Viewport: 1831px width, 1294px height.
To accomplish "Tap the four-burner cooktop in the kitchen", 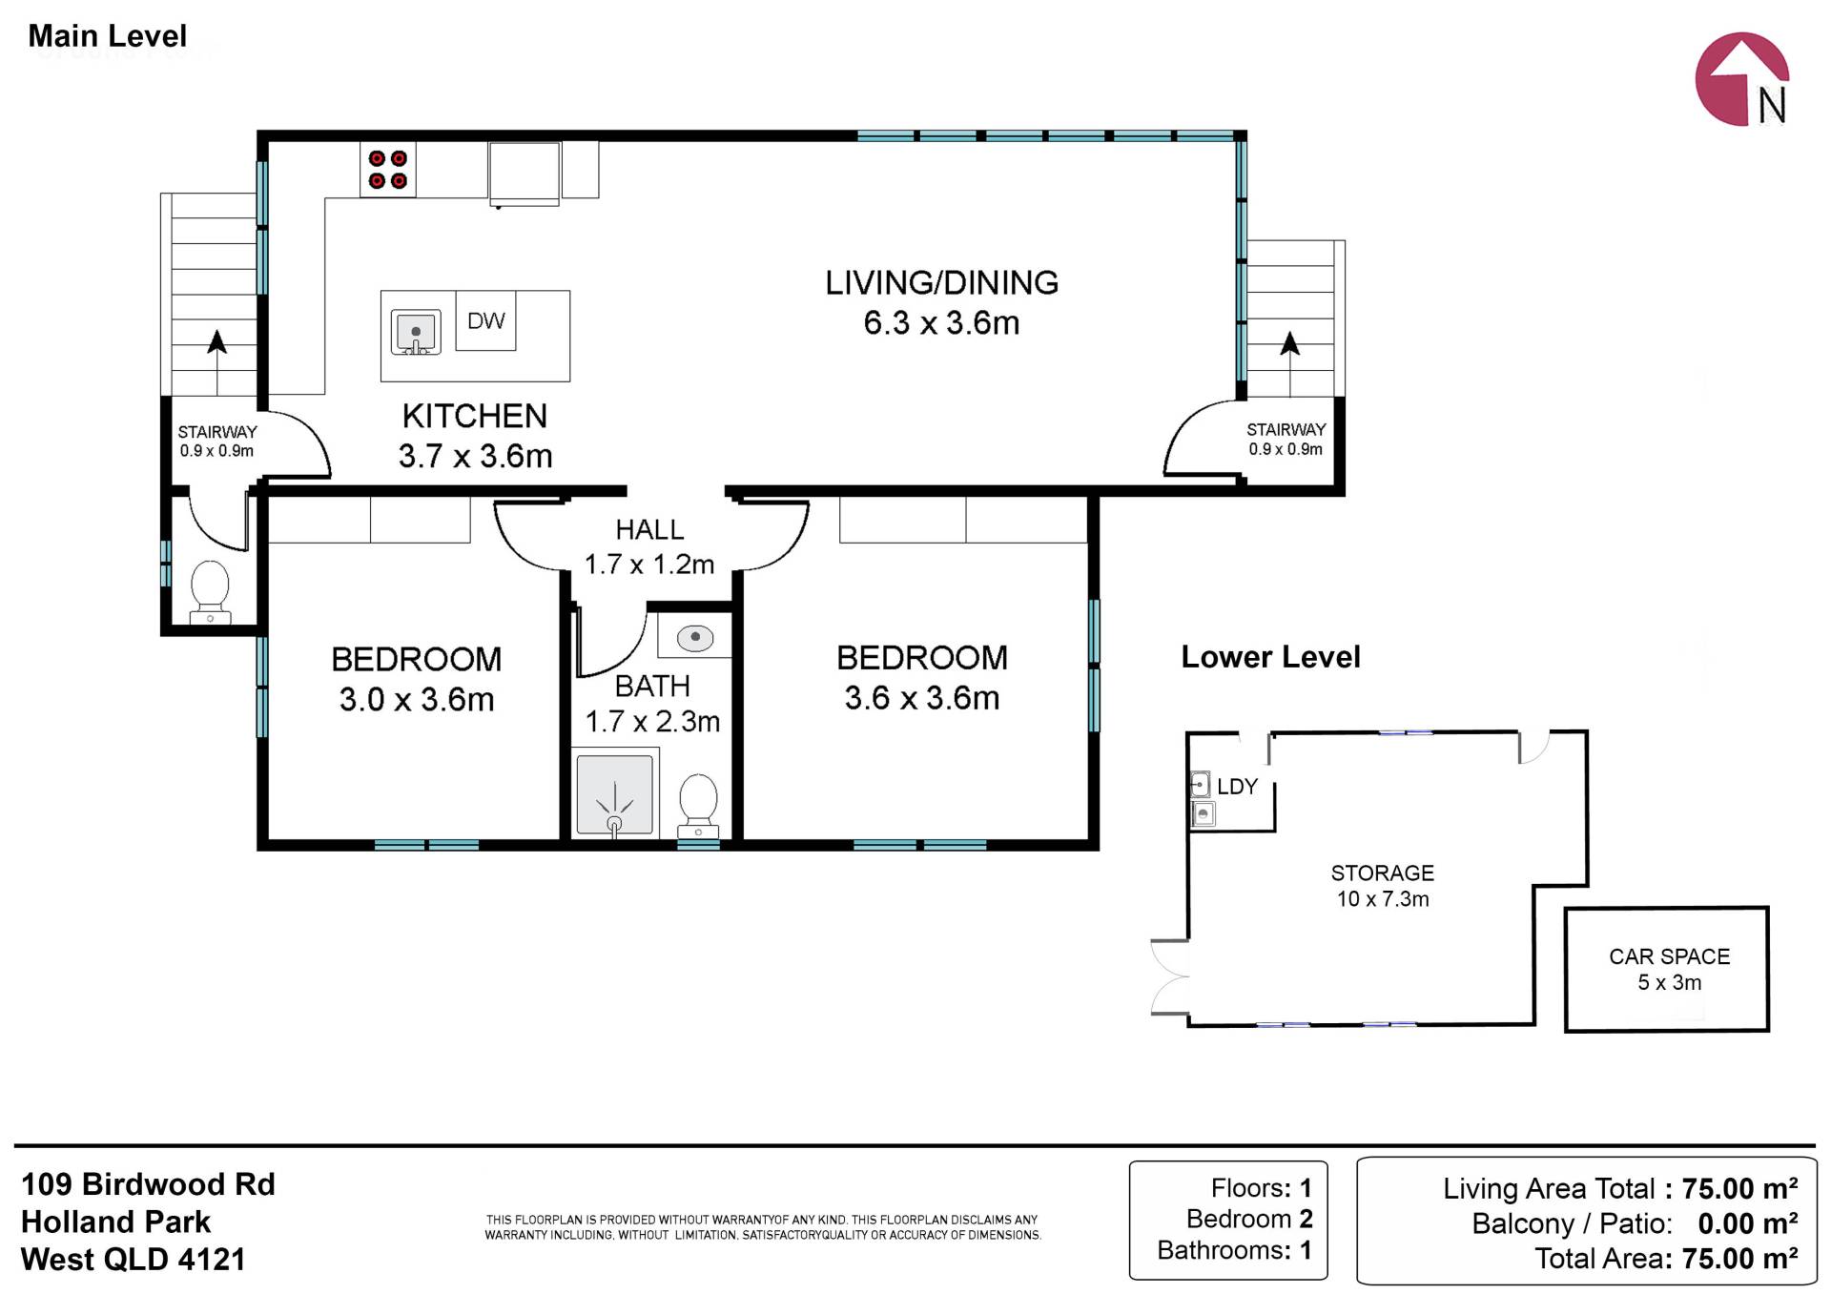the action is point(388,170).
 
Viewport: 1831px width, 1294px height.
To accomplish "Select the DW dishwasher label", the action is point(485,321).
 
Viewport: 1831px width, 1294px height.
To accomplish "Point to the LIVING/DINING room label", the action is point(941,282).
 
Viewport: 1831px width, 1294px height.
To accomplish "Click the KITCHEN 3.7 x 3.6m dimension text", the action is point(475,456).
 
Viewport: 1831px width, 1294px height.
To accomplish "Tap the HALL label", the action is point(649,529).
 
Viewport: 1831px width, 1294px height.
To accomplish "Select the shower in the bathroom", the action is point(615,794).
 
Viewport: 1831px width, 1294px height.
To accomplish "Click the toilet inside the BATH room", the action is point(698,806).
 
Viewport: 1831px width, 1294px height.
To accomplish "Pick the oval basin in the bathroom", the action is point(696,636).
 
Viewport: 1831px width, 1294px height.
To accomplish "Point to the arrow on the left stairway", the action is point(217,362).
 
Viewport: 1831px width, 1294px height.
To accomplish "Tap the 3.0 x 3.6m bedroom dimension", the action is point(417,700).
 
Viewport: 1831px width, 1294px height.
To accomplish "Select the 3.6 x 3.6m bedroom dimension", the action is point(922,698).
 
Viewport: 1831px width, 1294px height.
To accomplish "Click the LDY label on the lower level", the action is point(1238,787).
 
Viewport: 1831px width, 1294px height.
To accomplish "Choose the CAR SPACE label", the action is point(1669,956).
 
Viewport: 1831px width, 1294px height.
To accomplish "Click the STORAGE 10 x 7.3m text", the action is point(1383,886).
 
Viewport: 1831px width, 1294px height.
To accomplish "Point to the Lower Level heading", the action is point(1270,657).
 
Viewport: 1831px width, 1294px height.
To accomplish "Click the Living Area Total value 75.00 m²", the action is point(1739,1188).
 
